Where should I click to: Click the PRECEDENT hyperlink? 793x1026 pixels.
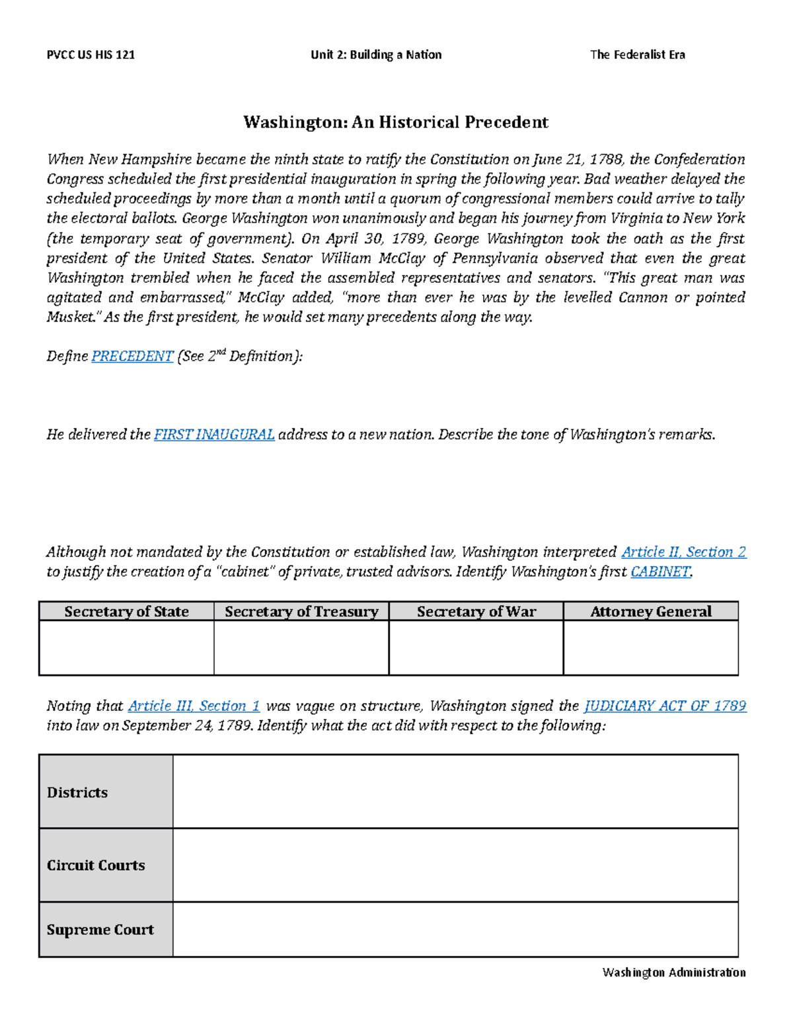132,357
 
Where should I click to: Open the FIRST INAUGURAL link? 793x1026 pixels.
214,435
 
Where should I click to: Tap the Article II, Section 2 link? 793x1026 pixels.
684,552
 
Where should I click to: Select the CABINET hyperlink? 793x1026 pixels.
661,572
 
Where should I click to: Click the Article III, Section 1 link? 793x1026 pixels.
194,706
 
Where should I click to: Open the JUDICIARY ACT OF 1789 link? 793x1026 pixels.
665,706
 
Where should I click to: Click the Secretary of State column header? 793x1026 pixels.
126,612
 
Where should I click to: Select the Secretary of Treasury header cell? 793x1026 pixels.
301,612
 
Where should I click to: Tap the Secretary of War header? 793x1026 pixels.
476,612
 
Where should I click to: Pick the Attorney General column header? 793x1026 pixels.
651,612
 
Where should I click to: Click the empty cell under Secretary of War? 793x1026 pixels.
476,647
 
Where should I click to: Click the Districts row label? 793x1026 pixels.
77,793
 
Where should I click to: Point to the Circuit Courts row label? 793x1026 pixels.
96,865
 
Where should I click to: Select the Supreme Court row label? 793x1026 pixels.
100,930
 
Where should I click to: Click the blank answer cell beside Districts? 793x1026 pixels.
455,791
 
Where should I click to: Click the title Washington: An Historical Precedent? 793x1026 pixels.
396,122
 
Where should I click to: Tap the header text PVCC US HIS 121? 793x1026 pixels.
91,55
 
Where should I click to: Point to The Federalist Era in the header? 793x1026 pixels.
637,55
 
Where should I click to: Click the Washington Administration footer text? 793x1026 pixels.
674,972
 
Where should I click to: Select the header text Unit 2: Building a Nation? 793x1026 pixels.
376,55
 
